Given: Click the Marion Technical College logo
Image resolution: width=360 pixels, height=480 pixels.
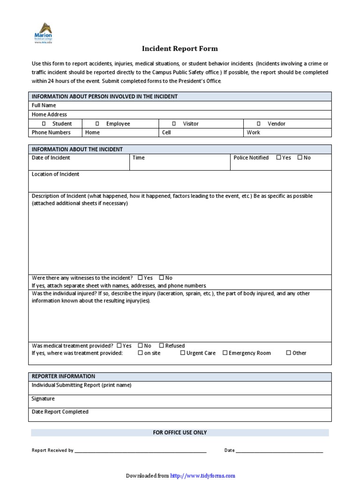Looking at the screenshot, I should tap(43, 33).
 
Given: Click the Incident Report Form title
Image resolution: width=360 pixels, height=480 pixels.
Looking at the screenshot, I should tap(180, 49).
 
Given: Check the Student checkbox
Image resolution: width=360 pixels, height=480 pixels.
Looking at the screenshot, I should tap(44, 124).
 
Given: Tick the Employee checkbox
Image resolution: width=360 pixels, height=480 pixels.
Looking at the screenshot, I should tap(97, 124).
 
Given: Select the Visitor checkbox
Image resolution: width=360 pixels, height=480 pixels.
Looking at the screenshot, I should tap(174, 124).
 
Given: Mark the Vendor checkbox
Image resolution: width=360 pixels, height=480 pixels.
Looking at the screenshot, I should tap(258, 124).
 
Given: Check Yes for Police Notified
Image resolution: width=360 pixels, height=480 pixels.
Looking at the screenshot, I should tap(278, 157).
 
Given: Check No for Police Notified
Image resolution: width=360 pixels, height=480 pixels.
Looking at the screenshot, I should tap(300, 157).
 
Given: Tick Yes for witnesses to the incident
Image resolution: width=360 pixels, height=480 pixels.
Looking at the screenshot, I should tap(140, 278).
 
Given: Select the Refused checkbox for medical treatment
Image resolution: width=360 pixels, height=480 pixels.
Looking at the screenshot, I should tap(162, 345).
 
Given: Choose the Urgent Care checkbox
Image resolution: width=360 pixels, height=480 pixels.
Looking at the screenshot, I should tap(183, 353).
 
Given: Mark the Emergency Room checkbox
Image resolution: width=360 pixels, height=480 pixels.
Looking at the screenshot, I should tap(225, 353).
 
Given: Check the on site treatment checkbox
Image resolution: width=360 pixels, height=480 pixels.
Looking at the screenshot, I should tap(141, 353).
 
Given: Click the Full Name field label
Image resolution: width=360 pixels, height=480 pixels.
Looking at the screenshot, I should tap(44, 105).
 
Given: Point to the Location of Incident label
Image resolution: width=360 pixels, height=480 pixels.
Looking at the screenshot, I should tap(55, 174).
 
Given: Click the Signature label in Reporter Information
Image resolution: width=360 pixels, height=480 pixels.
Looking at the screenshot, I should tap(43, 398).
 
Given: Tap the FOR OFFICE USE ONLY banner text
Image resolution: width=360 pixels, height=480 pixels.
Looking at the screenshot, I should tap(180, 432).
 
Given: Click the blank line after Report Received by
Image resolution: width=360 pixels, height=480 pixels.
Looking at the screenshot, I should tap(141, 450).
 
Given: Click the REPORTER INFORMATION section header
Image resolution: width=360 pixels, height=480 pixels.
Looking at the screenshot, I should tap(63, 376).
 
